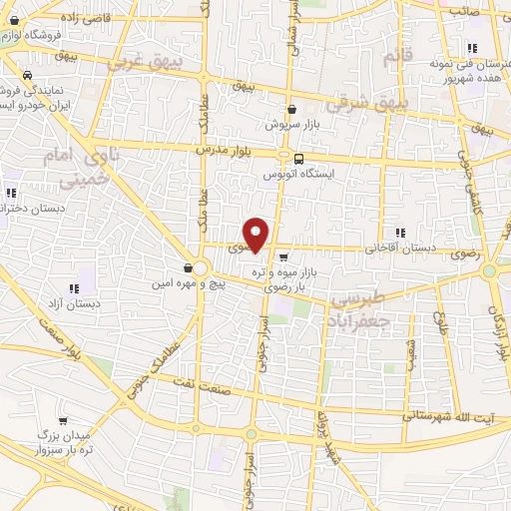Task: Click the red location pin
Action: coord(256,234)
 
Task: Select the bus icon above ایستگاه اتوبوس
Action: coord(297,157)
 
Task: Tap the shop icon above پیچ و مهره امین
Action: coord(188,266)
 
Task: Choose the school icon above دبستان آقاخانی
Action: coord(400,233)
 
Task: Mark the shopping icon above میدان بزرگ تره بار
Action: coord(64,421)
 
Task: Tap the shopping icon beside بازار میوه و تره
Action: coord(283,255)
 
